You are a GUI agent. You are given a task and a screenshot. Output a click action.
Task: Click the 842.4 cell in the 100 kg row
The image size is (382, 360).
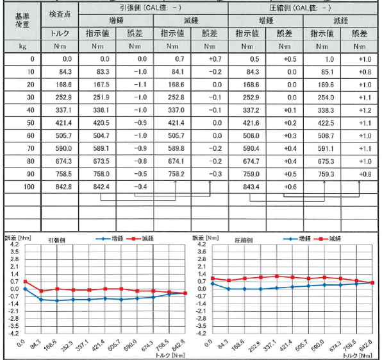pyautogui.click(x=101, y=187)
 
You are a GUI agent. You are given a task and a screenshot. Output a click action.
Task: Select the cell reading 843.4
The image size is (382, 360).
pyautogui.click(x=251, y=187)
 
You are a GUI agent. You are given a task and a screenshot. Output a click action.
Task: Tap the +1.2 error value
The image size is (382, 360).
pyautogui.click(x=365, y=110)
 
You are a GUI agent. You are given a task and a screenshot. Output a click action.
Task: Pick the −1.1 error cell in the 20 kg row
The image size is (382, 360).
pyautogui.click(x=140, y=85)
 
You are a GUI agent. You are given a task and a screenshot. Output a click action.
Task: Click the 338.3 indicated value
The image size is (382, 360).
pyautogui.click(x=326, y=110)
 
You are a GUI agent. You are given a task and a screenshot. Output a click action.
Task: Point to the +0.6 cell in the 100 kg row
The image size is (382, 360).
pyautogui.click(x=290, y=187)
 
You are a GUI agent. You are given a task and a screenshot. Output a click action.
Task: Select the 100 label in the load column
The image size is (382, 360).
pyautogui.click(x=29, y=187)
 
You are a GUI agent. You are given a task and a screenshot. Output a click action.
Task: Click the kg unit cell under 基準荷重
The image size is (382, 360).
pyautogui.click(x=22, y=46)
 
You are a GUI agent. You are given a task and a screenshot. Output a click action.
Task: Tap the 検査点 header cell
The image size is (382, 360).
pyautogui.click(x=60, y=14)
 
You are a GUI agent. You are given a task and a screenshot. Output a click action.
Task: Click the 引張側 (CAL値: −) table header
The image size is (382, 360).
pyautogui.click(x=151, y=8)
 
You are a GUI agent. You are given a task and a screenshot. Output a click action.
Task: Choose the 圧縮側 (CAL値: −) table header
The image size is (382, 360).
pyautogui.click(x=300, y=8)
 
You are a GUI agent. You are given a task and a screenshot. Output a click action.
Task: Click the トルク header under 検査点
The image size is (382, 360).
pyautogui.click(x=60, y=33)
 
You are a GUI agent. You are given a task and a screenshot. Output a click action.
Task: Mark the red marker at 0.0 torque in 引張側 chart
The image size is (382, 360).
pyautogui.click(x=25, y=282)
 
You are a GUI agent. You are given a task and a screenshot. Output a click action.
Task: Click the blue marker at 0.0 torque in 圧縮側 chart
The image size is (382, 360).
pyautogui.click(x=212, y=284)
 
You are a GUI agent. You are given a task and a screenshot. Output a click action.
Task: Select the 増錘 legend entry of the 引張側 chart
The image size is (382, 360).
pyautogui.click(x=110, y=239)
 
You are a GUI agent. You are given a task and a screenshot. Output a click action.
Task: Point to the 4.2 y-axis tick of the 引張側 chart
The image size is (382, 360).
pyautogui.click(x=14, y=244)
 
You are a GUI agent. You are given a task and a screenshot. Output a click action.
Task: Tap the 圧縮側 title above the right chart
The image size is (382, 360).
pyautogui.click(x=244, y=240)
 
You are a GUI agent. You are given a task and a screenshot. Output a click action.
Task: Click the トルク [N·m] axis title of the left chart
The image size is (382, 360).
pyautogui.click(x=170, y=356)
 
